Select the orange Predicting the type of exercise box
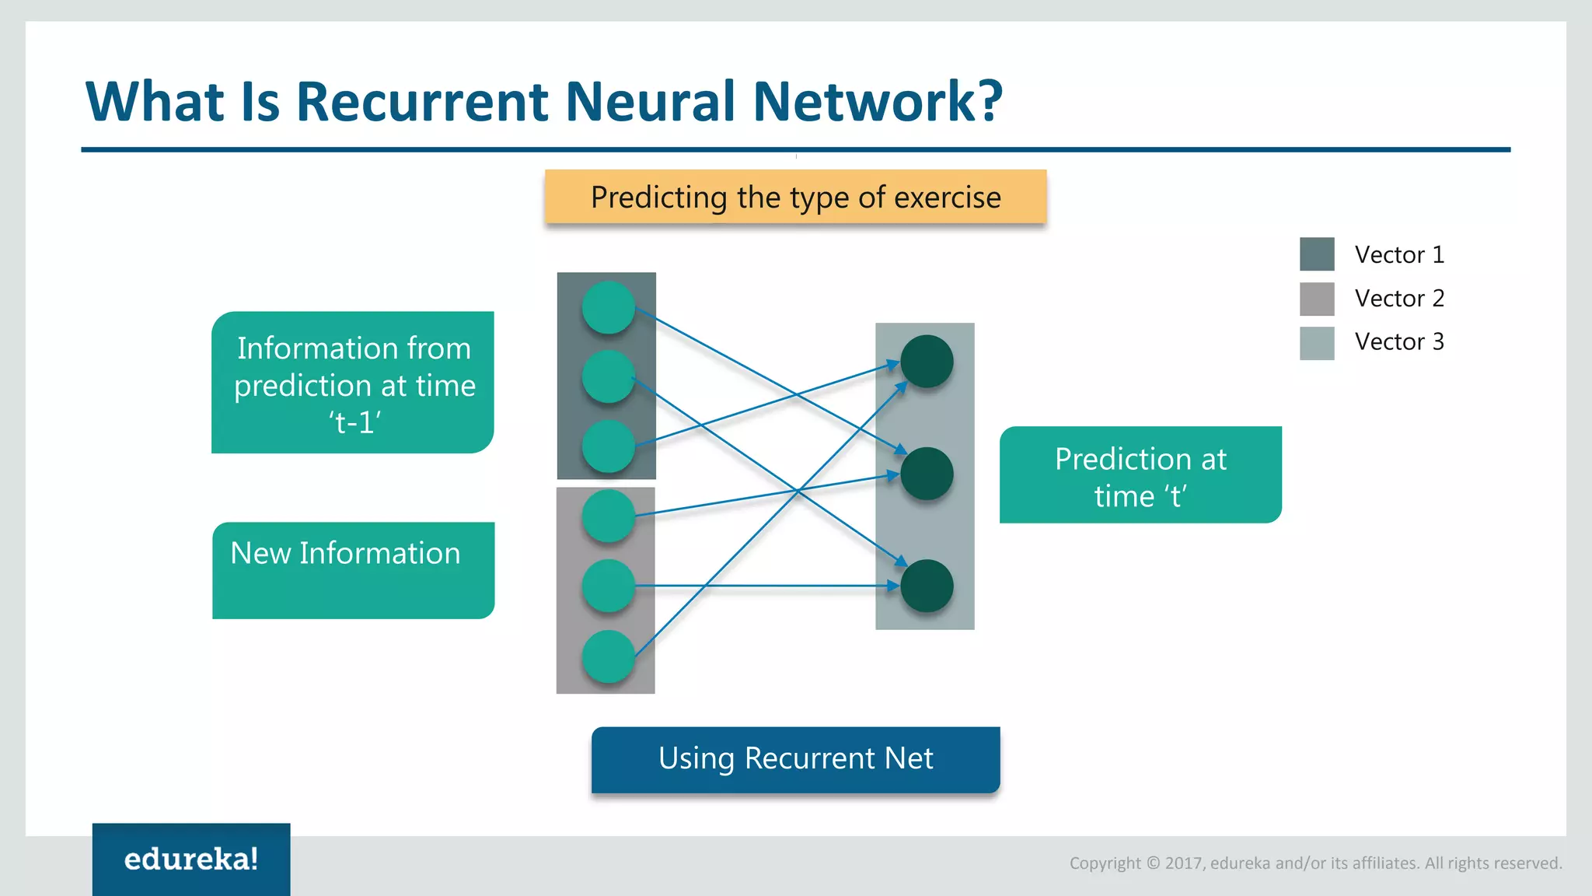[x=795, y=198]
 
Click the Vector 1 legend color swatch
[x=1317, y=254]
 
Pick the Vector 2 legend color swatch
[x=1317, y=299]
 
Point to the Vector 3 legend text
[x=1399, y=341]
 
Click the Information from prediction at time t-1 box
[x=353, y=383]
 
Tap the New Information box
[x=353, y=570]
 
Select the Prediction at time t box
[x=1140, y=475]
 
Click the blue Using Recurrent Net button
[x=795, y=759]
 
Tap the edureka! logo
[x=191, y=859]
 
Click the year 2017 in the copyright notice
[x=1183, y=863]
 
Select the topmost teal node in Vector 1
[x=608, y=307]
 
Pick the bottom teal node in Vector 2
[x=608, y=657]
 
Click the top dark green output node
[x=927, y=362]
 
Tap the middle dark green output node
[x=927, y=474]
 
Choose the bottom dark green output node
[x=927, y=586]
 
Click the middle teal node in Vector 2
[x=608, y=586]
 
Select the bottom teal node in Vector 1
[x=608, y=446]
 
